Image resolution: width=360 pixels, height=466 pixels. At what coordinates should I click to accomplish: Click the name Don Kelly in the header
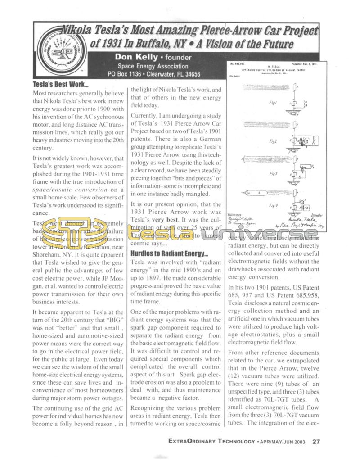tap(135, 57)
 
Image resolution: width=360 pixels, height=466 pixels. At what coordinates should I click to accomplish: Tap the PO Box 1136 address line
tap(154, 74)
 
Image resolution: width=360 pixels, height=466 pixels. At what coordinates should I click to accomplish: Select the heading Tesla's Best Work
tap(61, 84)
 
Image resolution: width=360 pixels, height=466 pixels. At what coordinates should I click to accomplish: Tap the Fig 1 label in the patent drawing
tap(273, 102)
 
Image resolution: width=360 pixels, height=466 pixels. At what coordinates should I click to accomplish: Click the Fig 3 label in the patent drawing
tap(273, 173)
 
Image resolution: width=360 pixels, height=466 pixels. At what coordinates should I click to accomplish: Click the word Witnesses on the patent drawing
tap(239, 215)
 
